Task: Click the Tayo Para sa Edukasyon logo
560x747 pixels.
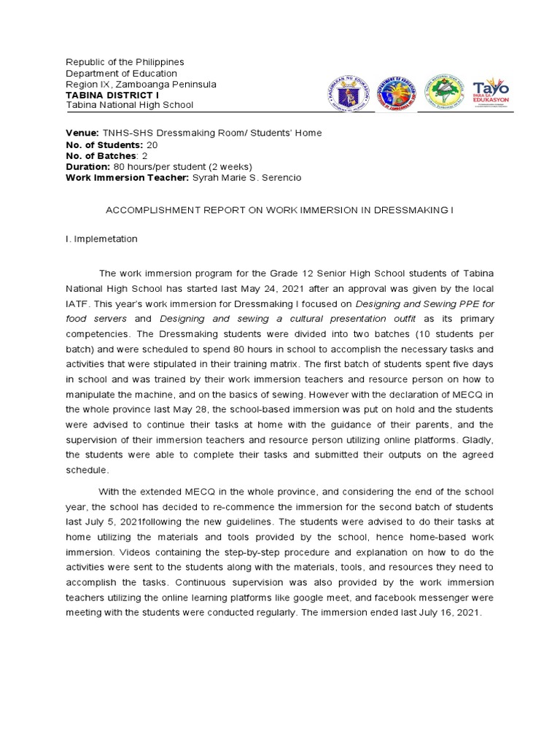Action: click(491, 93)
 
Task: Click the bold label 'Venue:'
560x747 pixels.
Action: click(82, 132)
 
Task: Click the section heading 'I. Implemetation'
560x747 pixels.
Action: click(101, 239)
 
